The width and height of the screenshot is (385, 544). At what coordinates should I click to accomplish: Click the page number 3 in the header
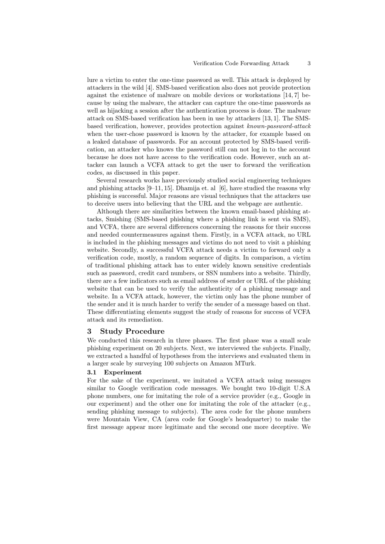(309, 63)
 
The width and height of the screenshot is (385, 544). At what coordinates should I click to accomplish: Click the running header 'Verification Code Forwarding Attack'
(241, 63)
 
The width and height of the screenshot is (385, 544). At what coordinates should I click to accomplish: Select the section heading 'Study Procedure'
(132, 331)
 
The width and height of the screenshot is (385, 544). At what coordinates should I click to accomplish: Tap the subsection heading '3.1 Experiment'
(114, 372)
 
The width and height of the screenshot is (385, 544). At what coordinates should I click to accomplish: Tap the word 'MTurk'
(246, 363)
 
